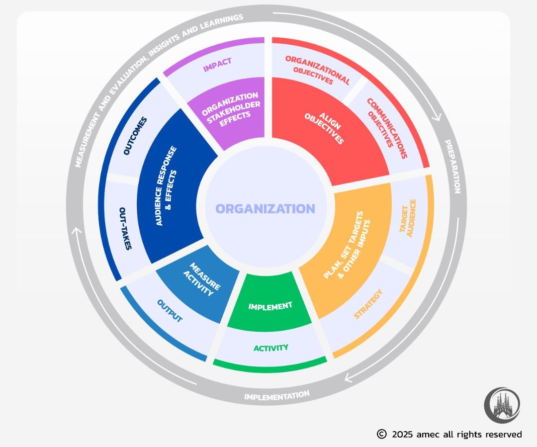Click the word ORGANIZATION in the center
coord(265,209)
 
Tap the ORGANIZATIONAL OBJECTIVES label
coord(316,70)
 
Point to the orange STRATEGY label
coord(368,304)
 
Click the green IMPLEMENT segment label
coord(270,306)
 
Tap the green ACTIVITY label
coord(271,348)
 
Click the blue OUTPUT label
coord(170,311)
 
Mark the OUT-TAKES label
coord(125,229)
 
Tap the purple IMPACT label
coord(218,65)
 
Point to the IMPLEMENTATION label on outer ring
coord(276,396)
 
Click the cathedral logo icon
coord(502,405)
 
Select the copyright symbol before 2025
coord(381,434)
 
